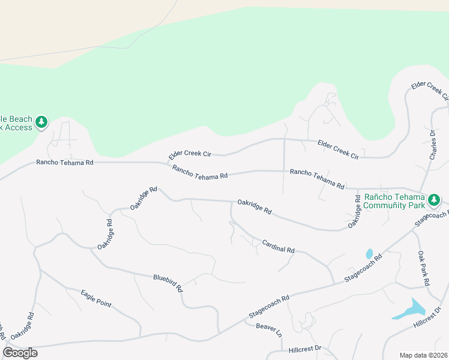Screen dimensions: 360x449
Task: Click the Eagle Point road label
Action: (x=96, y=298)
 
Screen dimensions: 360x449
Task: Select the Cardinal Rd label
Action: (x=279, y=246)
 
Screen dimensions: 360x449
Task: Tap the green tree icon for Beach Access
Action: (x=41, y=122)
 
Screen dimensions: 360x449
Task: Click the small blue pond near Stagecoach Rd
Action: (x=369, y=254)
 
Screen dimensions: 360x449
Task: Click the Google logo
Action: (x=20, y=353)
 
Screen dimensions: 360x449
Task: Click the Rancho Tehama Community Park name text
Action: (x=391, y=201)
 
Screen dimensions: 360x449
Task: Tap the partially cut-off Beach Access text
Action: (x=15, y=122)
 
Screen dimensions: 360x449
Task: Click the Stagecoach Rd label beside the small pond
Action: (x=363, y=270)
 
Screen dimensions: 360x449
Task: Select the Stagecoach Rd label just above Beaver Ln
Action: (x=270, y=306)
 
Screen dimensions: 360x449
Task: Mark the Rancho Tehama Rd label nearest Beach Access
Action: (x=65, y=163)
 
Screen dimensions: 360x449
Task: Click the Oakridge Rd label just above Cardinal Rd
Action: (x=255, y=207)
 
